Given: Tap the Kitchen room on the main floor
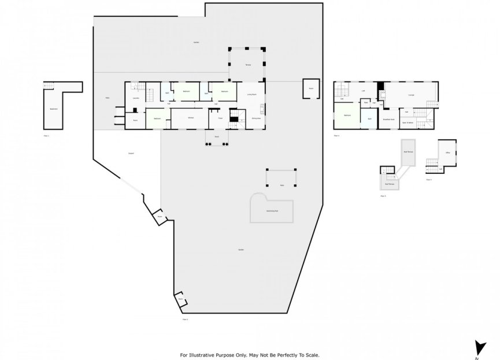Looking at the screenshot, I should (190, 117).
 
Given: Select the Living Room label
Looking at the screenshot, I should (251, 94).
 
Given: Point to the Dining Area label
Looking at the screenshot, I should (255, 118).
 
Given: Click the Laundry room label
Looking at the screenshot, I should (136, 98).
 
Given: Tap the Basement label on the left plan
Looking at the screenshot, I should (53, 108).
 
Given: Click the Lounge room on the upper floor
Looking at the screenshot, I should (411, 94).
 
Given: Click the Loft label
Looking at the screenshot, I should (363, 91).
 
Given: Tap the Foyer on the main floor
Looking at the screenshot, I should (220, 118).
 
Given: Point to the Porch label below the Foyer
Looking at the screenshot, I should (217, 137).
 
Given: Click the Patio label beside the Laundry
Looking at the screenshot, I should (108, 98).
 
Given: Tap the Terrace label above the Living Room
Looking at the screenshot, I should (247, 65).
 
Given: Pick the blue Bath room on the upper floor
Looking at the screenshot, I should (370, 120).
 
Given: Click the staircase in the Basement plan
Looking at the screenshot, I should (49, 86).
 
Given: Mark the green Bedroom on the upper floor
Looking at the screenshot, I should (347, 116).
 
